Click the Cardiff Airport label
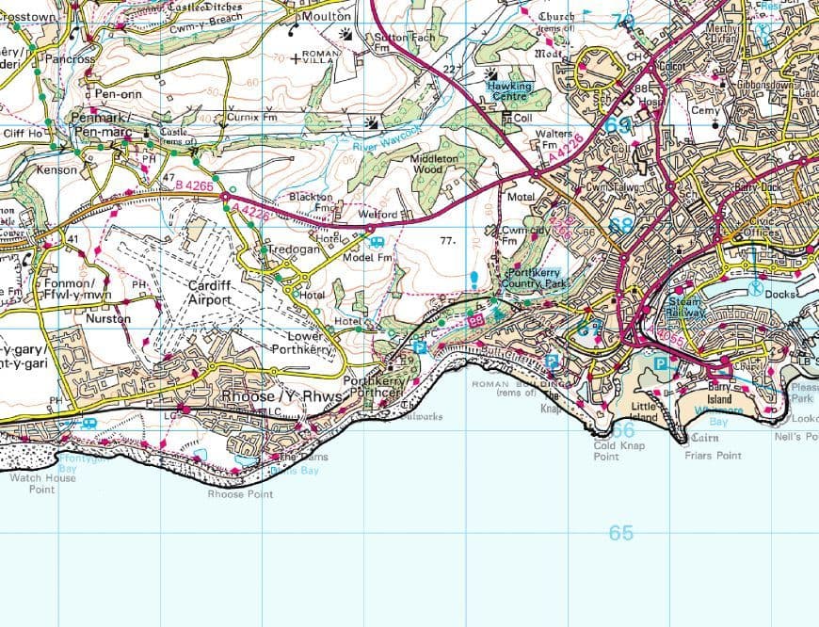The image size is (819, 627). [209, 293]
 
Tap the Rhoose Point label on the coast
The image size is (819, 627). [240, 494]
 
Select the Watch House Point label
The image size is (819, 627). [41, 484]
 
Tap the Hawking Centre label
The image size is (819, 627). [509, 91]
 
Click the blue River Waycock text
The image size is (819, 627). [388, 138]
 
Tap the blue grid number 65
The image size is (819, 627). [620, 533]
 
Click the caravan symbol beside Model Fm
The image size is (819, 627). [377, 242]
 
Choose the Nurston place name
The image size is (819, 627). [108, 319]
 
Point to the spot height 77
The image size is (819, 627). [448, 241]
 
